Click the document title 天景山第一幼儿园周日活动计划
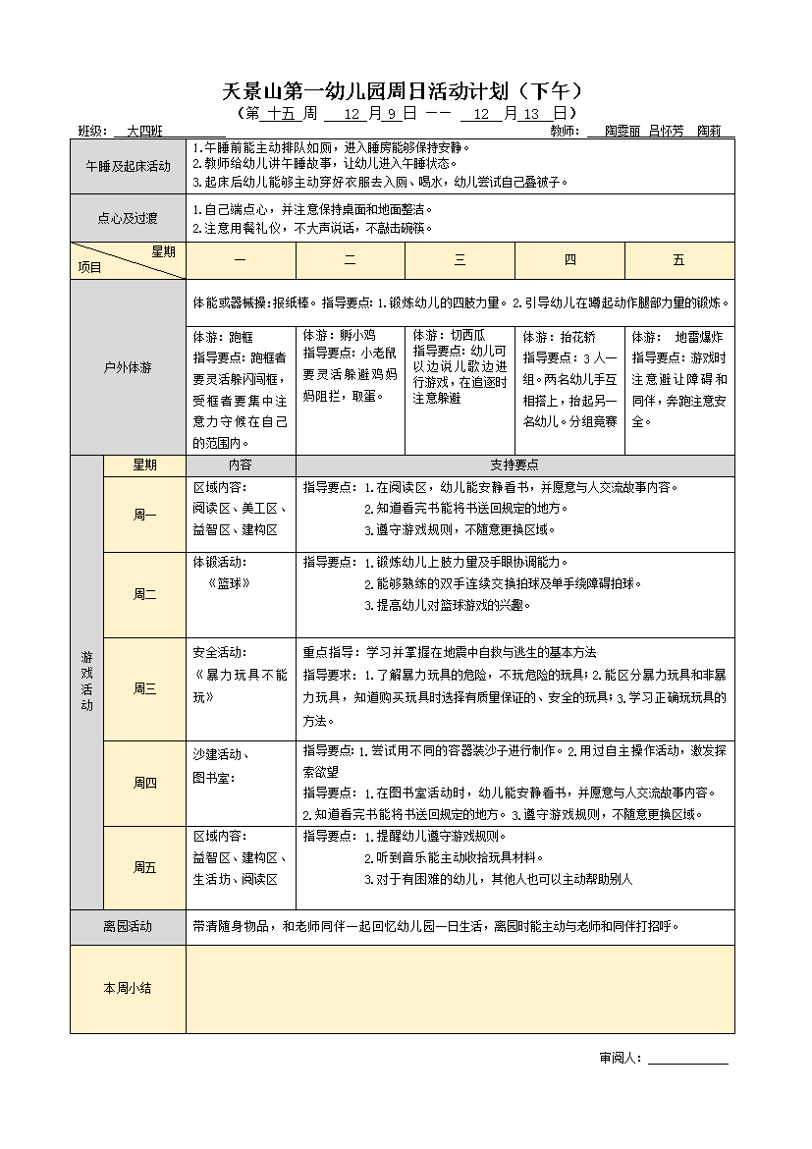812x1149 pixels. (403, 92)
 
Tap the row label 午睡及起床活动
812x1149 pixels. (128, 166)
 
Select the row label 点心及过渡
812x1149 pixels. (128, 218)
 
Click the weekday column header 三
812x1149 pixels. (460, 260)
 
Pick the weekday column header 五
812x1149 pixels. (678, 260)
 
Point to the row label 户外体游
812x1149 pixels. (128, 367)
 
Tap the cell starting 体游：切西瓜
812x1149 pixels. (460, 366)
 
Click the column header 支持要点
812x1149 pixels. (514, 465)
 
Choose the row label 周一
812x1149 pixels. (144, 515)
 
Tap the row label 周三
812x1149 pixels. (144, 688)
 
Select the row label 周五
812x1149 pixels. (144, 867)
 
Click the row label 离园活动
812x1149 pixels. (128, 926)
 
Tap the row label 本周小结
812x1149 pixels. (128, 988)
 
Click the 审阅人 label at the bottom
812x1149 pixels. (620, 1058)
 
